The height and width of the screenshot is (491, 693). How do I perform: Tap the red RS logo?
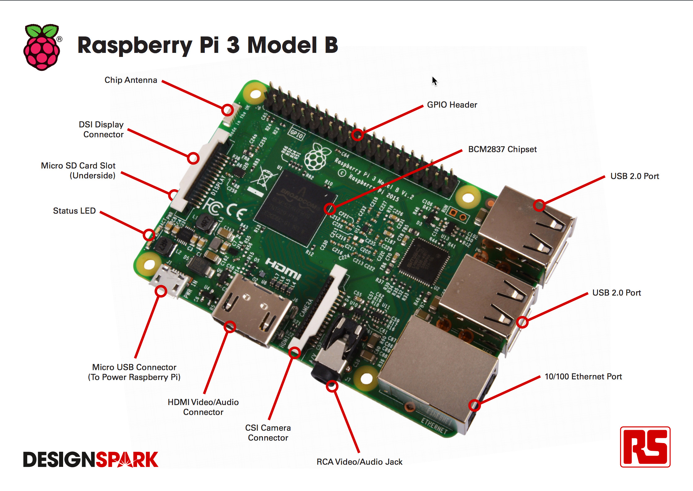(x=645, y=446)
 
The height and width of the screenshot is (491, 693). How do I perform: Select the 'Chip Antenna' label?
(x=131, y=80)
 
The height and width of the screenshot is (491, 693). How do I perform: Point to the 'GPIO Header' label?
(x=452, y=105)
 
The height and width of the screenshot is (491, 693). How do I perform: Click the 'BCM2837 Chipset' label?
(x=502, y=149)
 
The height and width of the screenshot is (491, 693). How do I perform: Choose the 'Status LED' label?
(x=74, y=211)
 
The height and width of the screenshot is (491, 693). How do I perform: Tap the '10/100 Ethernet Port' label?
(x=583, y=377)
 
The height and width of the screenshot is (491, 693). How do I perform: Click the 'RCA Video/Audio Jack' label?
(x=359, y=462)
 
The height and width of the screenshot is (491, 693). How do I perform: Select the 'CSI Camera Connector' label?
(x=268, y=433)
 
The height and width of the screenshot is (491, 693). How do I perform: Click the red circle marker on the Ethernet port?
(x=474, y=405)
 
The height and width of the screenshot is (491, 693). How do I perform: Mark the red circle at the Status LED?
(x=149, y=235)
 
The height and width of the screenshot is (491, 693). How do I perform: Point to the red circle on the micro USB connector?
(x=161, y=291)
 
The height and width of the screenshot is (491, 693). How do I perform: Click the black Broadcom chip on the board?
(x=295, y=207)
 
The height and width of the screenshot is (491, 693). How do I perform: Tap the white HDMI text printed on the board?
(x=283, y=269)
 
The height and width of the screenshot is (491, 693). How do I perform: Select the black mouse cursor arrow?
(x=435, y=81)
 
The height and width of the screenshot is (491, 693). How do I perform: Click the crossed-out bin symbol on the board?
(x=264, y=178)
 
